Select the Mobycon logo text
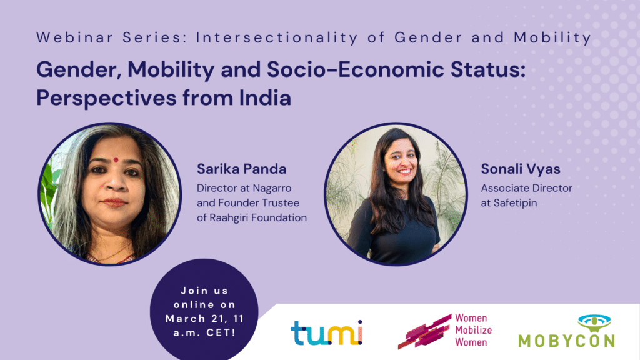pos(566,341)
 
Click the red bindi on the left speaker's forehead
pos(116,159)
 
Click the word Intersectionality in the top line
pos(266,37)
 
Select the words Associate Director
pos(526,187)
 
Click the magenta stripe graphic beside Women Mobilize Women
pos(424,332)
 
